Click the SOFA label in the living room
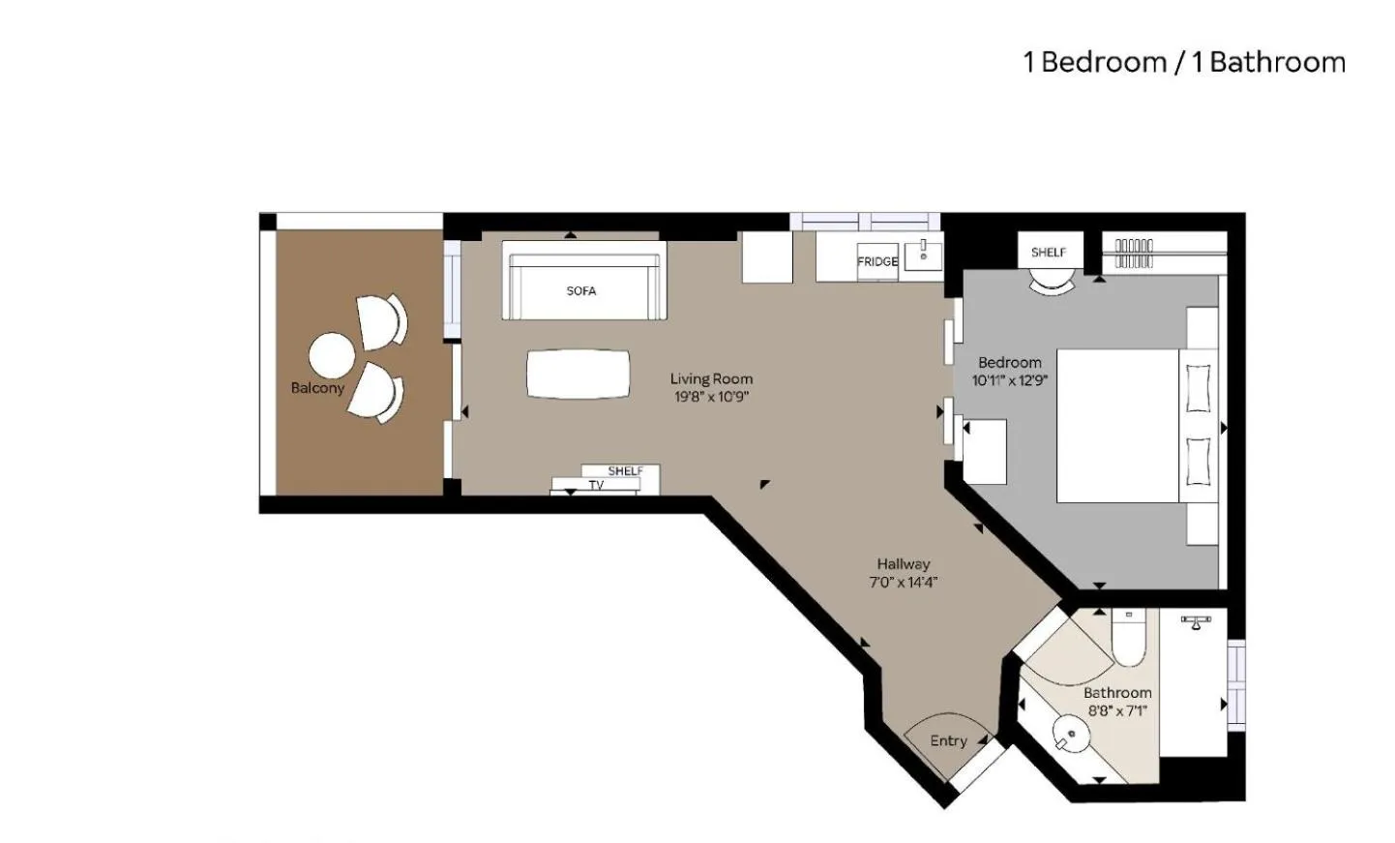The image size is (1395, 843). [x=580, y=290]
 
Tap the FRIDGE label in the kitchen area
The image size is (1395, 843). [x=876, y=261]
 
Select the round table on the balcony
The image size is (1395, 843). [x=332, y=355]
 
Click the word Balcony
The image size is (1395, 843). [x=317, y=388]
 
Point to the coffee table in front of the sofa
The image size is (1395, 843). [x=578, y=374]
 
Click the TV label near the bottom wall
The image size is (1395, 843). [x=596, y=485]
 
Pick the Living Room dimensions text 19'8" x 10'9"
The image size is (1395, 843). [x=711, y=397]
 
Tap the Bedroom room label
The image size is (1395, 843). [x=1009, y=363]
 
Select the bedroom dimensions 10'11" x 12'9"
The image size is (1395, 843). [x=1009, y=380]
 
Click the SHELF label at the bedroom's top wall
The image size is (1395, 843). [x=1048, y=253]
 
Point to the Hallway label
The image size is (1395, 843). [x=904, y=563]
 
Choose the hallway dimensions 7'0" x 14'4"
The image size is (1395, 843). [x=904, y=582]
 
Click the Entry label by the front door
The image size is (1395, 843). [x=948, y=740]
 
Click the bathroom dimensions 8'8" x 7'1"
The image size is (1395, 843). [x=1117, y=710]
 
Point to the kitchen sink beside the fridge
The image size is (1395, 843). [x=924, y=253]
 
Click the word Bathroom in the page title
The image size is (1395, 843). [x=1277, y=62]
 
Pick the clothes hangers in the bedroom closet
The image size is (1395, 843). [x=1134, y=253]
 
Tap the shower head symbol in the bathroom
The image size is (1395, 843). [x=1197, y=621]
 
